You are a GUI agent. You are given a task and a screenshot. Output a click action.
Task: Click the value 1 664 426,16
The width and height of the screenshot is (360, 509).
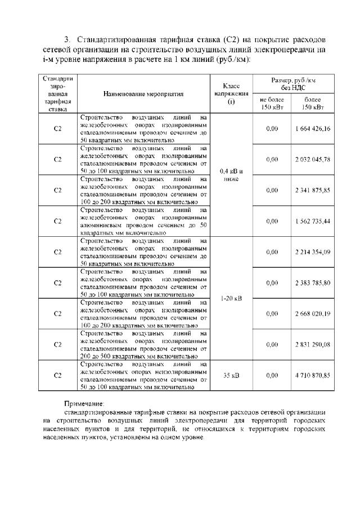[x=312, y=129]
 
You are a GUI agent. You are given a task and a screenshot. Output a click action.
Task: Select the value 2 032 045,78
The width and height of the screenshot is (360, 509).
[x=312, y=160]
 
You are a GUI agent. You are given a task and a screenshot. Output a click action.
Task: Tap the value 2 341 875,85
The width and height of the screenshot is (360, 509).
[x=312, y=190]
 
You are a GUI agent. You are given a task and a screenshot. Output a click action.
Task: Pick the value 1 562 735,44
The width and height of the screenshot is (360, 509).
[x=312, y=221]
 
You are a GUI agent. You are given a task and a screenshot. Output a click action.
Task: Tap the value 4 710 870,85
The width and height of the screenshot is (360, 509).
[x=312, y=375]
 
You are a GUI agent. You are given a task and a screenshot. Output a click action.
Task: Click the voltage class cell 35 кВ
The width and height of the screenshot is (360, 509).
[x=232, y=375]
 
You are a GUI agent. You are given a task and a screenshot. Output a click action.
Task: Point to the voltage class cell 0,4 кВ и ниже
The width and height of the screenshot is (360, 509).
[x=232, y=175]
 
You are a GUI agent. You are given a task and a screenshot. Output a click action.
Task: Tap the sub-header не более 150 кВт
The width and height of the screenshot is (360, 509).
[x=272, y=103]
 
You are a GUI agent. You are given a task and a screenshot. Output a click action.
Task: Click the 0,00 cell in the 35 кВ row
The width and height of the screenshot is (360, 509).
[x=272, y=375]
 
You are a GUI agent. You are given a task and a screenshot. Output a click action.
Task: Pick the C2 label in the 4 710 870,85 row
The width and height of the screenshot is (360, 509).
[x=57, y=375]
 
